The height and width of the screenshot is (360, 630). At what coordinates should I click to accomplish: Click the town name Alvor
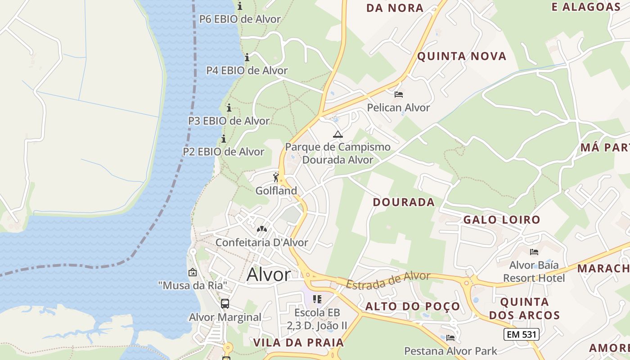[x=269, y=274]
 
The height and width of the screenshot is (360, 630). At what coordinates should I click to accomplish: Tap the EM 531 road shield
[x=521, y=334]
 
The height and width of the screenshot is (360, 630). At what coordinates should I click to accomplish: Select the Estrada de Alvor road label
[x=388, y=280]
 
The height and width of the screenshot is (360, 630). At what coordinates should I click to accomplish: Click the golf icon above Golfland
[x=276, y=177]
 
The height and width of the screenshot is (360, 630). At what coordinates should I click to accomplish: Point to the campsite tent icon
[x=337, y=134]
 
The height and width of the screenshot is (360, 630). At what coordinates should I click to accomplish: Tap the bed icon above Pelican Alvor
[x=398, y=94]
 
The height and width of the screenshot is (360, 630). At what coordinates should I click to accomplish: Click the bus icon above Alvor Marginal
[x=225, y=304]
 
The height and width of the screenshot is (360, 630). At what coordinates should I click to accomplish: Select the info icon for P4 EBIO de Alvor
[x=247, y=58]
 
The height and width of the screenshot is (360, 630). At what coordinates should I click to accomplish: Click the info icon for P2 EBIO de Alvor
[x=223, y=139]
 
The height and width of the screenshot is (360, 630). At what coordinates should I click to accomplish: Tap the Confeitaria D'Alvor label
[x=261, y=243]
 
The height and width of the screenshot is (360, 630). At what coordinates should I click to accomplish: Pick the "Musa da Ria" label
[x=193, y=285]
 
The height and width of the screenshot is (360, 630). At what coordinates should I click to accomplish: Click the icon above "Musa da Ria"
[x=193, y=272]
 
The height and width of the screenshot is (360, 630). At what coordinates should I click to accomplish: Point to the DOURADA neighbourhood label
[x=404, y=202]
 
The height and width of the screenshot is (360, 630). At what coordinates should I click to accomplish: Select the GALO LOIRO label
[x=501, y=220]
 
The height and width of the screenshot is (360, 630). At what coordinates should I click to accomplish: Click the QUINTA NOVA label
[x=462, y=56]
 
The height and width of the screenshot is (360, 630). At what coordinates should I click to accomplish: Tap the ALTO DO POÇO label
[x=413, y=307]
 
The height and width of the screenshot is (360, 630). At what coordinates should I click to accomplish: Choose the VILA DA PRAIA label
[x=298, y=342]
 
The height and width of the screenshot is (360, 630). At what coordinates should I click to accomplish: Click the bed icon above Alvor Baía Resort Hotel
[x=534, y=252]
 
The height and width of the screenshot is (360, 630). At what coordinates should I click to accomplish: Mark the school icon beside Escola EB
[x=317, y=299]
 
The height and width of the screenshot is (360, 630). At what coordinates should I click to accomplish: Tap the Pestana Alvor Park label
[x=450, y=351]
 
